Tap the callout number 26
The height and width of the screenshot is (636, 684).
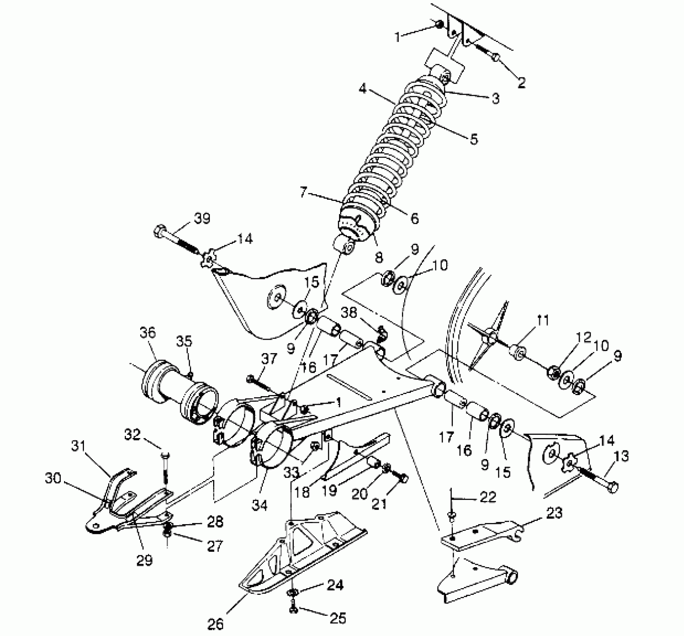pyautogui.click(x=215, y=624)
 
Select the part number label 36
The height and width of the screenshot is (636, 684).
pyautogui.click(x=148, y=333)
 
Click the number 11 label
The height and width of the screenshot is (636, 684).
pyautogui.click(x=543, y=320)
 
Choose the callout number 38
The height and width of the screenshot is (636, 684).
pyautogui.click(x=349, y=312)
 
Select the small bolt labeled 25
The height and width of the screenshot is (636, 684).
pyautogui.click(x=293, y=610)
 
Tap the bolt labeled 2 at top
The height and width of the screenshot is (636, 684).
pyautogui.click(x=495, y=58)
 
